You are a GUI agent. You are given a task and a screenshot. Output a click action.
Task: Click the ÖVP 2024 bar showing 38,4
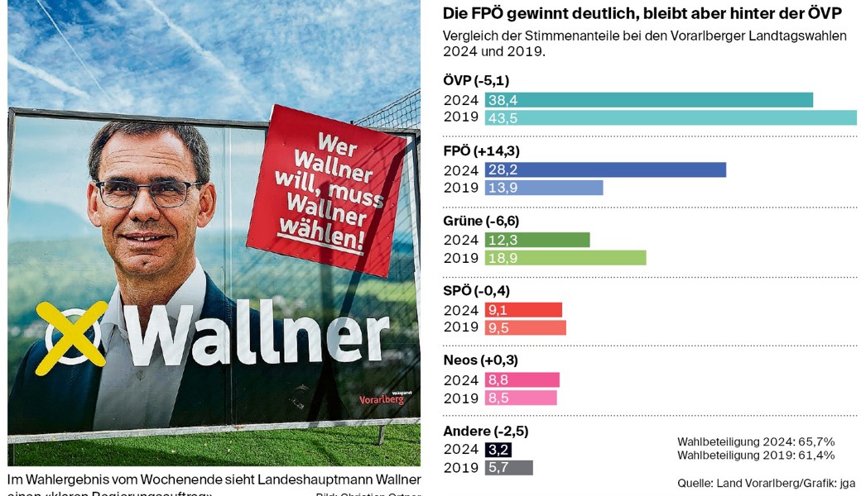tap(648, 100)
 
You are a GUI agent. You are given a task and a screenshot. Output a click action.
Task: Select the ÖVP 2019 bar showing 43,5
tap(671, 117)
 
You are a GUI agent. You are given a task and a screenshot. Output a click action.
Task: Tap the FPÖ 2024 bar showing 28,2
tap(605, 169)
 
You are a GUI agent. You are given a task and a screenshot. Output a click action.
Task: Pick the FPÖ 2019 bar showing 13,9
tap(544, 188)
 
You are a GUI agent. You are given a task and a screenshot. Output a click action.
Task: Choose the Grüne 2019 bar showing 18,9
tap(565, 258)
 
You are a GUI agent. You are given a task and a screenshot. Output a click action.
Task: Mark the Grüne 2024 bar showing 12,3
tap(537, 240)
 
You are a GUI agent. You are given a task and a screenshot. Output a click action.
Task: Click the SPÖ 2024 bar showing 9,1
tap(523, 310)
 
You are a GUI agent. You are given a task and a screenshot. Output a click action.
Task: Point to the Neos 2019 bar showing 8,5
tap(521, 398)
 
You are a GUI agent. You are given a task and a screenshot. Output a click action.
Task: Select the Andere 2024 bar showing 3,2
tap(498, 450)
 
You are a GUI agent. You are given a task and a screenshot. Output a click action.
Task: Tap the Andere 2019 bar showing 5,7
tap(508, 468)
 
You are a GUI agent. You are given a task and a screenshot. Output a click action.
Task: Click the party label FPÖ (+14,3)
tap(482, 151)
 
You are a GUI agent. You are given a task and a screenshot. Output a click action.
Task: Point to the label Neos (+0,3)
tap(483, 360)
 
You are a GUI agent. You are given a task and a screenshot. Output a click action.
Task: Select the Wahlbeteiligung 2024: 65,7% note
tap(755, 441)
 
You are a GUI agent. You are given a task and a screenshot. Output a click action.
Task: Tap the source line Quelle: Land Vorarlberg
tap(766, 483)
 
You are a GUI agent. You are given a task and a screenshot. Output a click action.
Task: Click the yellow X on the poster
tap(73, 336)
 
